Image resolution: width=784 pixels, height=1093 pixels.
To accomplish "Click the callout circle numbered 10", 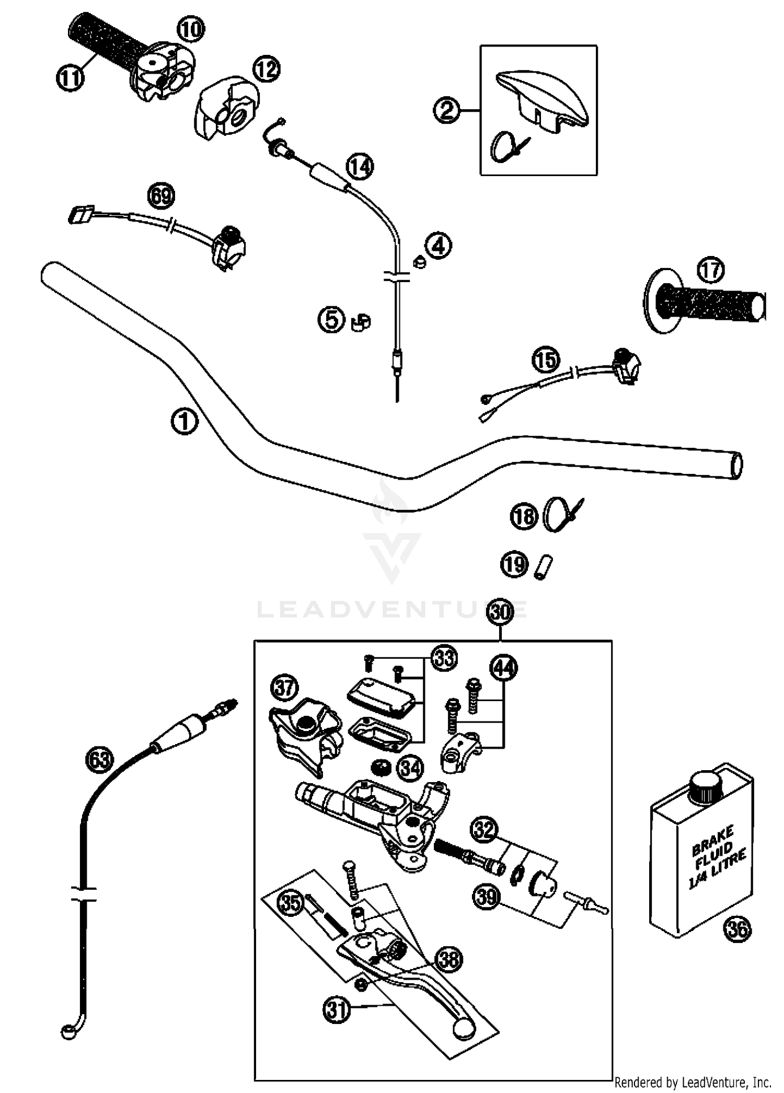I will point(191,30).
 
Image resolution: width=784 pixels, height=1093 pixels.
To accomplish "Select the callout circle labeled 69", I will point(161,196).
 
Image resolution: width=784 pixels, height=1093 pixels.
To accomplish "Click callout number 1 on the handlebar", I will point(185,422).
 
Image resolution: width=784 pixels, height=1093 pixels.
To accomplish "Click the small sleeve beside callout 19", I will point(543,567).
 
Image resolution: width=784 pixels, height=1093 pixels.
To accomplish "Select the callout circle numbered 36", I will point(737,928).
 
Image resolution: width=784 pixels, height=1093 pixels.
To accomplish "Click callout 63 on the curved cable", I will point(99,759).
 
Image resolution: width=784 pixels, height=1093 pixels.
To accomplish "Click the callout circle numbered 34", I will point(410,768).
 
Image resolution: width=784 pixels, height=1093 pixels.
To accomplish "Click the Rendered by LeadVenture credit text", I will point(693,1082).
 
